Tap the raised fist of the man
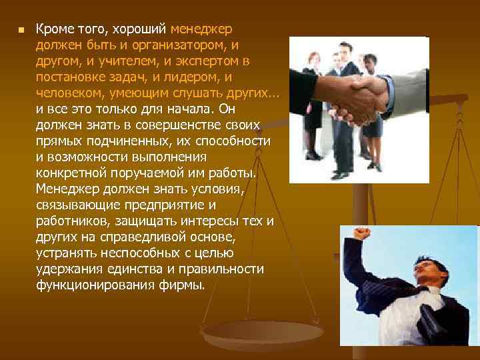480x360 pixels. (361, 234)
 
